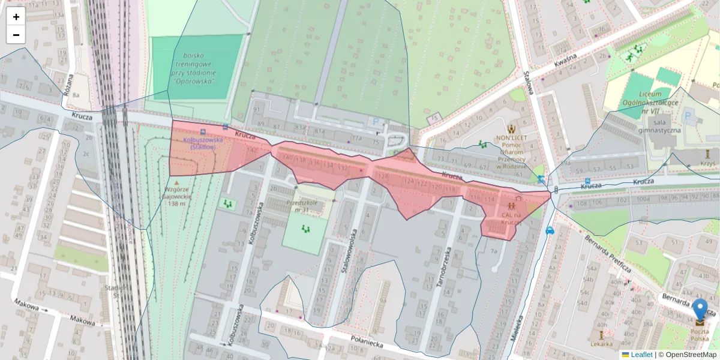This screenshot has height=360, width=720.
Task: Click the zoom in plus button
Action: pos(16,17)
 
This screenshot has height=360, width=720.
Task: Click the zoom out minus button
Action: pos(16,35)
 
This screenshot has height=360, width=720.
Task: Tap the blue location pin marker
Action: pos(700,310)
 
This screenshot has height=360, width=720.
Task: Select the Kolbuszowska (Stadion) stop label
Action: pos(203,143)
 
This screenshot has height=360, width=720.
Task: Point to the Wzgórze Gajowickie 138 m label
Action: pos(176,196)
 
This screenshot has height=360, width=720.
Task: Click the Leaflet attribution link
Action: pos(641,355)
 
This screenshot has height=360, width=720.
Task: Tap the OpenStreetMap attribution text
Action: pos(689,355)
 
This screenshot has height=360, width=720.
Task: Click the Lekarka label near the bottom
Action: pos(601,344)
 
